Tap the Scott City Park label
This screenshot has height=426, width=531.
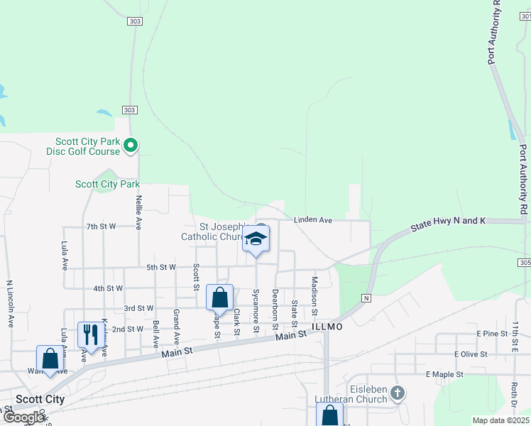(x=107, y=184)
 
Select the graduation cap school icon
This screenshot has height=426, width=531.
(x=256, y=240)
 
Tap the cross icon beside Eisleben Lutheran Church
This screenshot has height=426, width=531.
(x=398, y=392)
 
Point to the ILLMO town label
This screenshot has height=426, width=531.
(x=327, y=327)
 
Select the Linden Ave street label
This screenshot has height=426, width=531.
(x=313, y=221)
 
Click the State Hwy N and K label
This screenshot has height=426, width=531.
(x=448, y=225)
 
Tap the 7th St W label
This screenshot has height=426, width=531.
(x=101, y=226)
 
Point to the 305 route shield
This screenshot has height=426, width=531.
(x=525, y=263)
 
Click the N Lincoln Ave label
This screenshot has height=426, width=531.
(x=11, y=303)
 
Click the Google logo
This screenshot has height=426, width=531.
(x=24, y=417)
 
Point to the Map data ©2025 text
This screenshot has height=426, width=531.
(x=500, y=420)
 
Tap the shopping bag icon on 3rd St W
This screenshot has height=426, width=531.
(x=219, y=297)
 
